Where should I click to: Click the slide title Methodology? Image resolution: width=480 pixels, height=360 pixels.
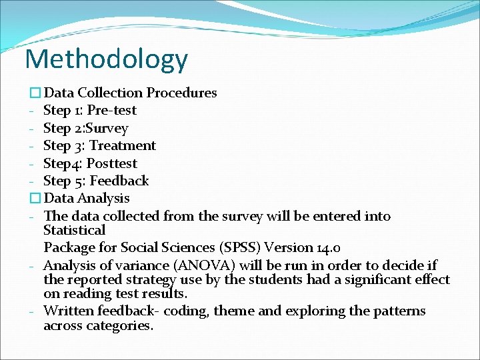(107, 59)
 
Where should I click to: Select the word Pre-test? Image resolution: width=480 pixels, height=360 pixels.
(112, 111)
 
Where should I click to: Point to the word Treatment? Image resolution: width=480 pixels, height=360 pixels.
(123, 145)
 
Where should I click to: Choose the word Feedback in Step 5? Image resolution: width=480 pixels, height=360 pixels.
(119, 181)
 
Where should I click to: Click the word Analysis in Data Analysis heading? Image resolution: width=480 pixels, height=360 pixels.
(104, 198)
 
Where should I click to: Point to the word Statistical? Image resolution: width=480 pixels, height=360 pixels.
(74, 230)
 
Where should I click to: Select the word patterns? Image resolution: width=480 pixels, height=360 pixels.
(399, 311)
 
